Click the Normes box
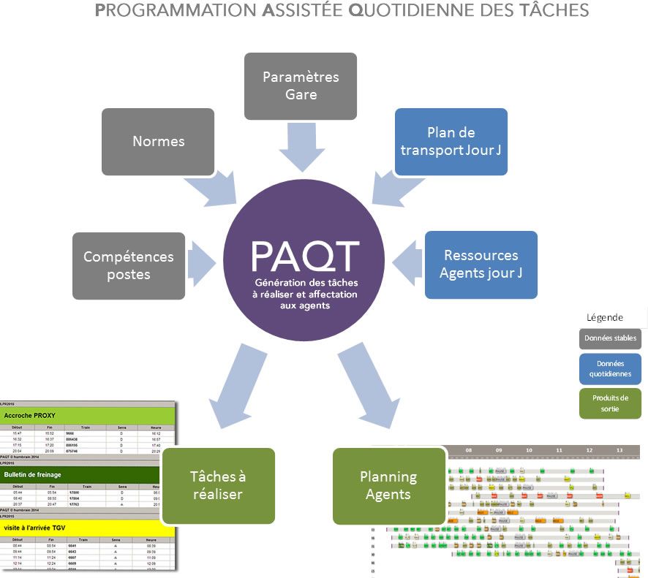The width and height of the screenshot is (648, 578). pos(158,142)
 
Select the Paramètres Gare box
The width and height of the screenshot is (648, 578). pos(301,85)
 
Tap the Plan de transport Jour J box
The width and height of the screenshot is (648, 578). pos(451,142)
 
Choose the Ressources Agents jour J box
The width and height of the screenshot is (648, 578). pos(481,265)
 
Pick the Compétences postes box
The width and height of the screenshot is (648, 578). pos(129,265)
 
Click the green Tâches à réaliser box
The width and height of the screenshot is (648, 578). pos(218,485)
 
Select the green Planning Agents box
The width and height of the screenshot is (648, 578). pos(389,486)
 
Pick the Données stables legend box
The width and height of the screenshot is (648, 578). pos(610,339)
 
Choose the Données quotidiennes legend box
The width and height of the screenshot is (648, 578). pos(610,369)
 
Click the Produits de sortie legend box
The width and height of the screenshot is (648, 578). pos(610,403)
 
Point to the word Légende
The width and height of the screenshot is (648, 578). pos(605,318)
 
